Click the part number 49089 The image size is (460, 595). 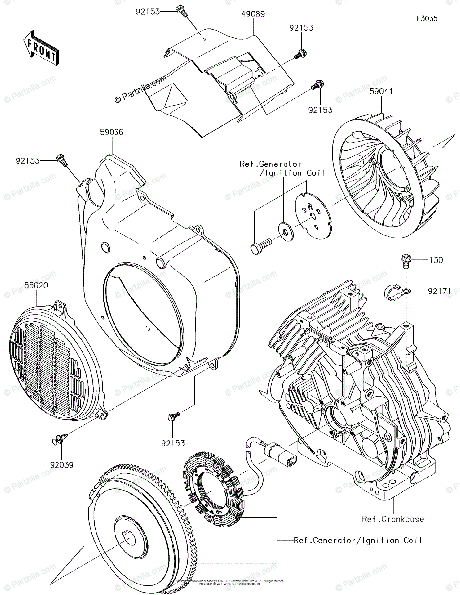point(254,15)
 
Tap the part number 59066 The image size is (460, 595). point(111,132)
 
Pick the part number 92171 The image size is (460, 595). point(439,291)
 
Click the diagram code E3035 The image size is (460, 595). point(427,19)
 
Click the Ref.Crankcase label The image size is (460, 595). point(393,519)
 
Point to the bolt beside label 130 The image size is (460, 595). point(404,260)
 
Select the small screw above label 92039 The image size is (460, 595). point(59,438)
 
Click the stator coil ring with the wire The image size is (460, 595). point(212,478)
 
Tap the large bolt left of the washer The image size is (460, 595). point(260,245)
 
